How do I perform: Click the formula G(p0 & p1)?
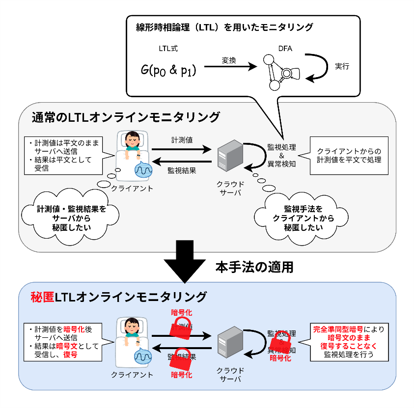[168, 70]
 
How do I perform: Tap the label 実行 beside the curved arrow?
[342, 65]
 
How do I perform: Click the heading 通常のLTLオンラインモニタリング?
[126, 117]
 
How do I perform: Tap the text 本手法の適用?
[254, 267]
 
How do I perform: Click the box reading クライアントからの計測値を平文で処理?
[349, 156]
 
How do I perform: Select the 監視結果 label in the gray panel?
[182, 170]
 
